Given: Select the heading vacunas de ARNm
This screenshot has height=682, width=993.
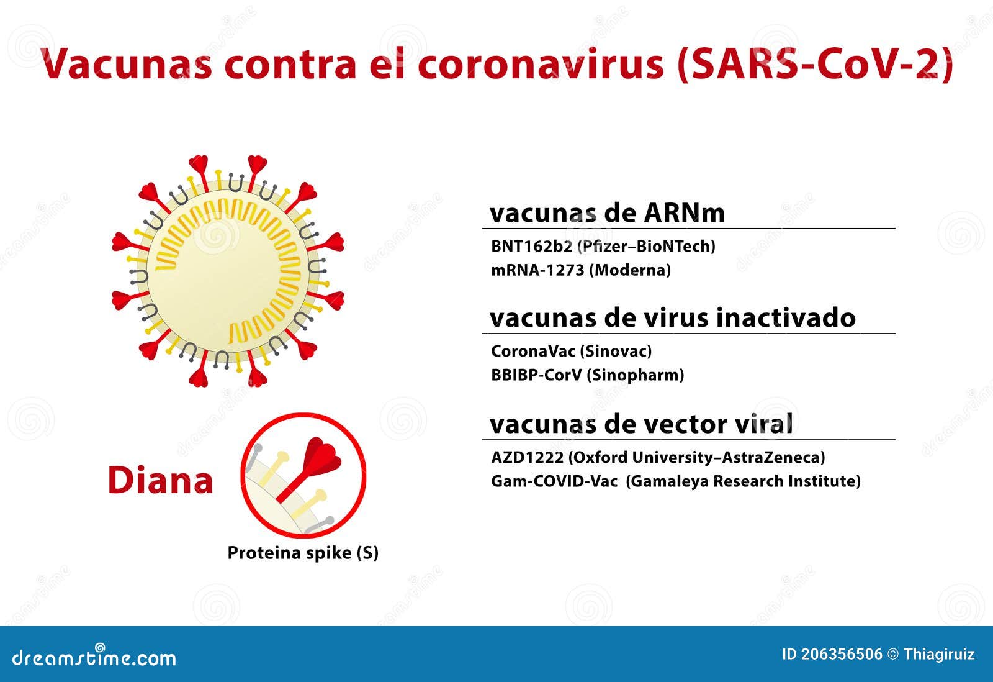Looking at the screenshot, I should (607, 213).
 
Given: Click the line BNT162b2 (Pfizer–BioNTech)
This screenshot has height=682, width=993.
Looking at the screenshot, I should (603, 246).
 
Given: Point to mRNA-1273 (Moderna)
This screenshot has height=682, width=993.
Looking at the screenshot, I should (580, 270).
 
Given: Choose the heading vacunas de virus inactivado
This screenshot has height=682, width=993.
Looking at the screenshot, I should (672, 318).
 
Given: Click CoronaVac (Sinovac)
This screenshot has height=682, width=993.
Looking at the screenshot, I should (571, 351).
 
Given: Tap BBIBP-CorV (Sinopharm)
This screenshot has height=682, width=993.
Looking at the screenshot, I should (587, 375).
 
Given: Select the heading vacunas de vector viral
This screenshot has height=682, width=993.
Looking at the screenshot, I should (641, 424).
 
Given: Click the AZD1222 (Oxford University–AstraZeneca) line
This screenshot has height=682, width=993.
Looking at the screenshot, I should (658, 457).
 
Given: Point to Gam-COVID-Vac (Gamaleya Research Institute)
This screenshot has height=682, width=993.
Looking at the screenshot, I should (675, 481).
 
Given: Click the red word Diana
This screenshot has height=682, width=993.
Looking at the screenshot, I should (160, 481).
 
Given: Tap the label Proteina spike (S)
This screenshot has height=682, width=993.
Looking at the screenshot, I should (302, 553).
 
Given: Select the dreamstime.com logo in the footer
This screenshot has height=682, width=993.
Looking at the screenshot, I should (94, 657).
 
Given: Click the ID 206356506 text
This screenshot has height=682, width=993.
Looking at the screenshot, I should (832, 654).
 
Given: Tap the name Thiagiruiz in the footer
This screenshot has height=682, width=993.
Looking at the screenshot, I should (939, 654).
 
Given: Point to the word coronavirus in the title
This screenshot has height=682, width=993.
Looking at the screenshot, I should (540, 63).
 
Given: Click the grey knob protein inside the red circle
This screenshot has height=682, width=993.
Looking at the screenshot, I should (256, 450).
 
